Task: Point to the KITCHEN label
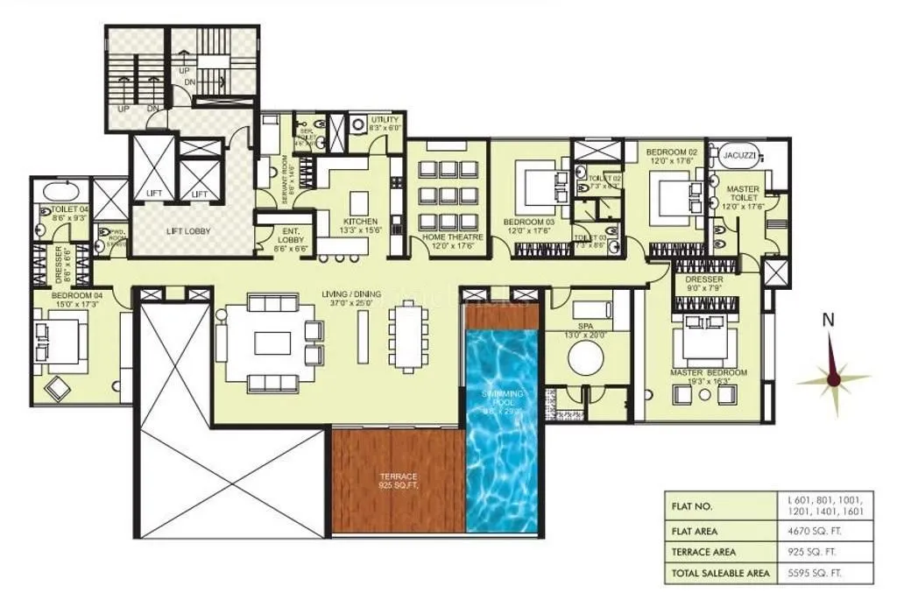361,226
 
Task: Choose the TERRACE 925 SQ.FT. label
398,480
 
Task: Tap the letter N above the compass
827,321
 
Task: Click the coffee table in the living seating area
272,342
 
